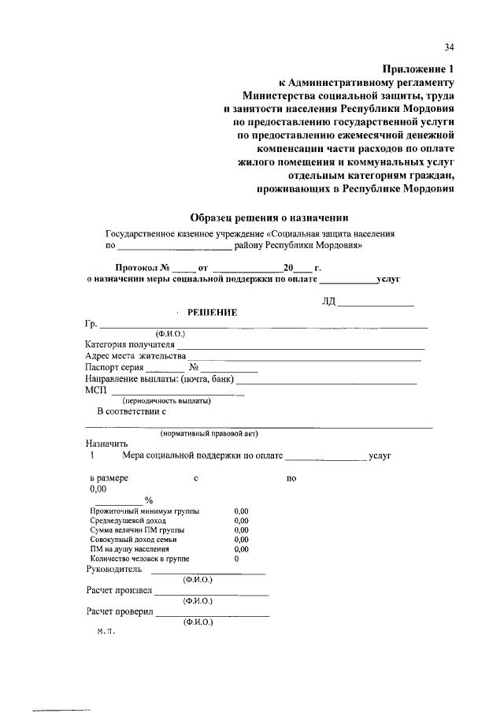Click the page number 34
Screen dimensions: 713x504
449,46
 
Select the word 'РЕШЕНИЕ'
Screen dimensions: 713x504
212,313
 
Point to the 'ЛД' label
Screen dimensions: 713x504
328,300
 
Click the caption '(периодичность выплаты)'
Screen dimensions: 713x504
166,400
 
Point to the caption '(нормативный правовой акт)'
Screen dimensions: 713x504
209,434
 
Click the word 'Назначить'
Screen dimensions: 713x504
106,444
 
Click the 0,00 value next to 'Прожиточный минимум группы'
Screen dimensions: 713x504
242,511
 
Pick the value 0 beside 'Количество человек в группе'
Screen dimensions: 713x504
237,559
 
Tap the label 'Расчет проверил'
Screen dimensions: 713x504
119,611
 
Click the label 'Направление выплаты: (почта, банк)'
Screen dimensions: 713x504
159,379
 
